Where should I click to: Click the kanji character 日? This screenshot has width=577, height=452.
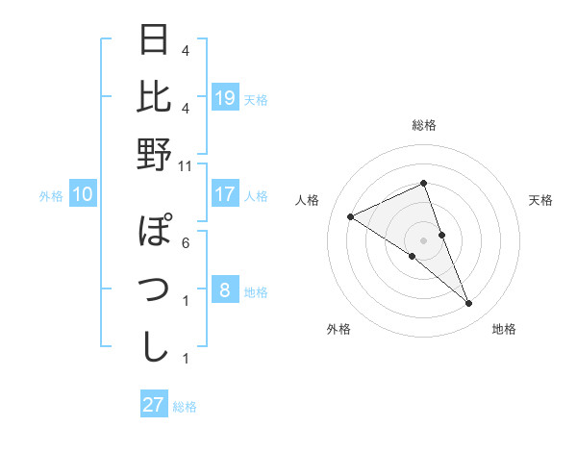[155, 41]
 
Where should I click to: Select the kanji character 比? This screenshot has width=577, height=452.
[155, 97]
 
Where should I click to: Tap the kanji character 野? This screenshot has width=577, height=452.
[155, 153]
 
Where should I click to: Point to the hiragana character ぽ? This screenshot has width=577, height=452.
[155, 233]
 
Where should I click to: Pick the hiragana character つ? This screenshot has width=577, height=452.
[155, 289]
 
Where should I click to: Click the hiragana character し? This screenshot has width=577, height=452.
[155, 345]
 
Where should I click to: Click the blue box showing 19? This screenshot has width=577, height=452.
[225, 98]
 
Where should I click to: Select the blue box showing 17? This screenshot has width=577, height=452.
[225, 194]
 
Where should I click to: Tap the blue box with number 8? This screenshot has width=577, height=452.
[225, 290]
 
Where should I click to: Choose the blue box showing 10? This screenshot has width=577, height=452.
[83, 195]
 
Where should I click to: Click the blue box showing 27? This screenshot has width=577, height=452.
[154, 405]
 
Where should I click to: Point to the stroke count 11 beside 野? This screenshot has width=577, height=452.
[185, 166]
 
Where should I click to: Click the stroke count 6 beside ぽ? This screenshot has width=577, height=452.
[186, 243]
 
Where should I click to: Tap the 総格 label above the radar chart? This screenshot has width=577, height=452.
[424, 126]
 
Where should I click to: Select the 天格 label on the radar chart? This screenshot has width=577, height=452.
[540, 200]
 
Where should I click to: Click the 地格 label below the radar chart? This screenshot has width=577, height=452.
[504, 329]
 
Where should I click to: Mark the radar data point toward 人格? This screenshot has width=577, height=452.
[351, 216]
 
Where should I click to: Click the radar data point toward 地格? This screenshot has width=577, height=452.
[469, 304]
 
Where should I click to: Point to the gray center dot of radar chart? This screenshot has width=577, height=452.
[424, 239]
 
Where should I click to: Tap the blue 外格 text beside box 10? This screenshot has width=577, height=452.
[51, 196]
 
